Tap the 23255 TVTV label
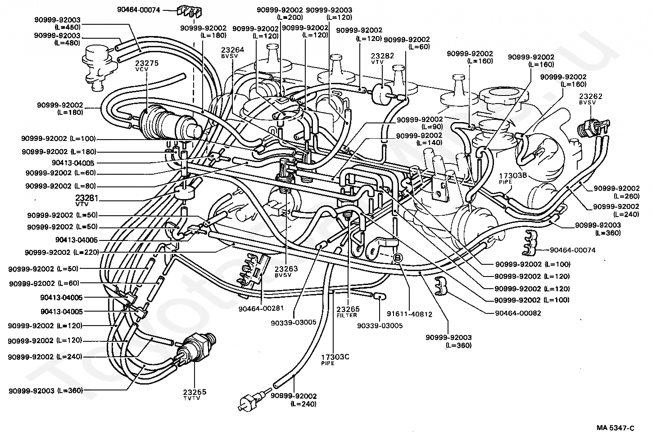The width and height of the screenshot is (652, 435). click(x=195, y=394)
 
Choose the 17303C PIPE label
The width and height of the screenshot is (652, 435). click(x=335, y=359)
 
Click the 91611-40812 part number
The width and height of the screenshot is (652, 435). click(x=410, y=314)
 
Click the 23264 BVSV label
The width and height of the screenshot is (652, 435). click(x=232, y=52)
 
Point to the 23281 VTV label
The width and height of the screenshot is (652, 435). click(x=87, y=200)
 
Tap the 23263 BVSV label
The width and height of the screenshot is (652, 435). click(x=286, y=271)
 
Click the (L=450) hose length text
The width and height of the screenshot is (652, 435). click(x=68, y=27)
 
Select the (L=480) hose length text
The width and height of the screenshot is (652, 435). click(x=67, y=43)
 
